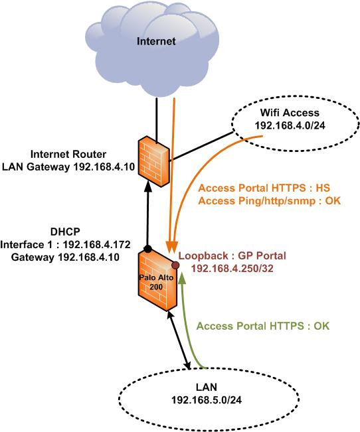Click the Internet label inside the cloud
click(x=156, y=41)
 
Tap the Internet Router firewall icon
click(x=154, y=161)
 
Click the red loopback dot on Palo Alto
click(x=175, y=265)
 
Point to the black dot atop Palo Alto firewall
click(x=148, y=249)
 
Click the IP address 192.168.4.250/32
click(x=232, y=268)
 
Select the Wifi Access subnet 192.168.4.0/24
click(x=290, y=125)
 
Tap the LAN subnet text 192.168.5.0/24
click(x=207, y=399)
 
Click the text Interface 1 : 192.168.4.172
click(x=65, y=245)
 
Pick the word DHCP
click(x=65, y=232)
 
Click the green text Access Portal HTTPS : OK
click(x=263, y=326)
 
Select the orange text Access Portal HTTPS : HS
click(x=264, y=188)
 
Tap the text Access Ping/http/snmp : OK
click(x=270, y=201)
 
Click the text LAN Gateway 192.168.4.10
click(x=68, y=167)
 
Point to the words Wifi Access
click(x=290, y=113)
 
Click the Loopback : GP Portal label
click(x=232, y=255)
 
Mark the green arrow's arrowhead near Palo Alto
click(x=181, y=278)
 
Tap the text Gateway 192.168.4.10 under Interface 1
click(x=65, y=257)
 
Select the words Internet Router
click(x=68, y=154)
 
